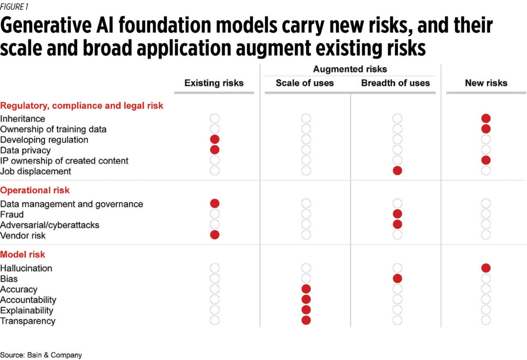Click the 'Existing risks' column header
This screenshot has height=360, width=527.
point(214,83)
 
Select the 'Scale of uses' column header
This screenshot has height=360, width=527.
point(305,83)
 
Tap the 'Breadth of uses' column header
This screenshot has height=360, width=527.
point(395,83)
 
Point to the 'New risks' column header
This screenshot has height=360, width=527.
point(486,83)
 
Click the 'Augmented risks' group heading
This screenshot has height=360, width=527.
point(350,69)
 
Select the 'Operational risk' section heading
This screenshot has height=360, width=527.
point(35,190)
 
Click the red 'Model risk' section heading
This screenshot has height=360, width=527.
point(23,255)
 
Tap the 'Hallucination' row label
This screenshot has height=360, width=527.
point(26,268)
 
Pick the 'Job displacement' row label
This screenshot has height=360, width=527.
point(36,171)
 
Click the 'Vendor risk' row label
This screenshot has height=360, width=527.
point(23,236)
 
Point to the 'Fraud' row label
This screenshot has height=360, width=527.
point(12,214)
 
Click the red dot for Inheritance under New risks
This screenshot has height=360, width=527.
point(486,119)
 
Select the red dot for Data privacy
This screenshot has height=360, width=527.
point(215,150)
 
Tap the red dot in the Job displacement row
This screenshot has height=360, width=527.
point(397,171)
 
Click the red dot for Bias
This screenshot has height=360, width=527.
point(397,278)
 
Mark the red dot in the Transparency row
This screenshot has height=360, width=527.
point(306,320)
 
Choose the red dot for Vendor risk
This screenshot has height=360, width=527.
point(215,235)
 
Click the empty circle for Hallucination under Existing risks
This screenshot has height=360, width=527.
point(215,268)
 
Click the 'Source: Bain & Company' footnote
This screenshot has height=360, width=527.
point(41,355)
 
